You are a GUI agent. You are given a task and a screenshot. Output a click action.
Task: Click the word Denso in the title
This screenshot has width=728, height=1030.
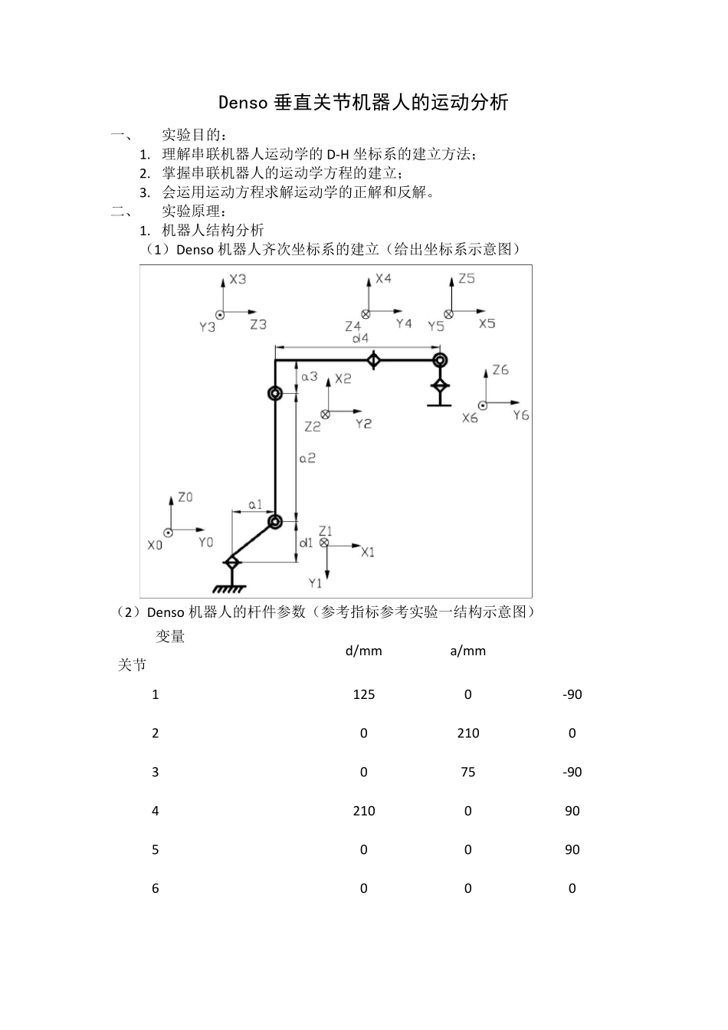242,102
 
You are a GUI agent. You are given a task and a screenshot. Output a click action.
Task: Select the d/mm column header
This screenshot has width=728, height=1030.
363,651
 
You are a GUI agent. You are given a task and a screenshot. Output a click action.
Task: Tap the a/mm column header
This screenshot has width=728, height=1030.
468,651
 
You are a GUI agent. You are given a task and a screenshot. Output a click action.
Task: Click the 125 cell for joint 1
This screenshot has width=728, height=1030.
363,694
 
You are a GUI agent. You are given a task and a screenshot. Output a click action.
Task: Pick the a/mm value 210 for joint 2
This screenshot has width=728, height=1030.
468,733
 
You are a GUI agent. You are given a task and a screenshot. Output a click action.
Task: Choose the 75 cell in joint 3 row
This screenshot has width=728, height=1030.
468,772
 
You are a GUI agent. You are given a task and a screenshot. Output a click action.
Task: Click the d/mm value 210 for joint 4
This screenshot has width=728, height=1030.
363,811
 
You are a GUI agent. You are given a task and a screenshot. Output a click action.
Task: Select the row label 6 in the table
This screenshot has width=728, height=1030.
156,888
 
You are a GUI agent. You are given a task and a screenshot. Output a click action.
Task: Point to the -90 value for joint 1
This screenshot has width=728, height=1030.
572,694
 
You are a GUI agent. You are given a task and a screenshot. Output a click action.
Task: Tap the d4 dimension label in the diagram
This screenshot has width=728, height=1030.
359,337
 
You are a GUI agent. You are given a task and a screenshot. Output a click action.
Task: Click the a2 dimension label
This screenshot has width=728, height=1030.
307,458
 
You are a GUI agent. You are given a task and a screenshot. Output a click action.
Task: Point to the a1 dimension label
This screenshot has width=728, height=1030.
255,504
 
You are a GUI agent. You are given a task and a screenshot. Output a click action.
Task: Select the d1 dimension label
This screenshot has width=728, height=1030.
306,542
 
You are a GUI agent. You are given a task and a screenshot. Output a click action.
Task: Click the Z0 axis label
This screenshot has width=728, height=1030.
185,497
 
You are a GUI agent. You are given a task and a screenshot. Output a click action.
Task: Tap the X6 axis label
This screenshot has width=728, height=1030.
470,418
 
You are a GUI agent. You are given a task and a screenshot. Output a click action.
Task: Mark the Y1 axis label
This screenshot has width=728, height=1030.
316,583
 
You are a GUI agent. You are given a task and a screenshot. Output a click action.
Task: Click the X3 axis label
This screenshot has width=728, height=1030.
238,279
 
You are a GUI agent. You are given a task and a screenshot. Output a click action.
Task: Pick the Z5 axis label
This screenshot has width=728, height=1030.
466,278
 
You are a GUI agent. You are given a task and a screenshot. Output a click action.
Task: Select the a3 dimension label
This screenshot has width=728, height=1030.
309,376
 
